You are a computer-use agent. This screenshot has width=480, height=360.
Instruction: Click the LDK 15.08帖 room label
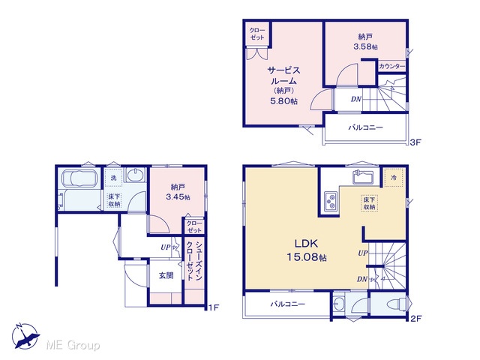point(307,250)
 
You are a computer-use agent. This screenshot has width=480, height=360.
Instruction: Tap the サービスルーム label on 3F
point(283,76)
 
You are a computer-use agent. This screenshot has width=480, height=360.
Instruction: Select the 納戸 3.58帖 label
point(365,42)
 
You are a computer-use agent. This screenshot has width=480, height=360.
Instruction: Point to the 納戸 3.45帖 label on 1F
point(178,192)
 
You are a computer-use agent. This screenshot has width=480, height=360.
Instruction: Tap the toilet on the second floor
point(396,304)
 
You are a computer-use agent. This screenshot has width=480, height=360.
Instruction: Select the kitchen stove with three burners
point(331,202)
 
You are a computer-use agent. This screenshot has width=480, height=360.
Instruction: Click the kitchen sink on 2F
point(363,177)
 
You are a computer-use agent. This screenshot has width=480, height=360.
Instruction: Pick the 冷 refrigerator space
point(394,177)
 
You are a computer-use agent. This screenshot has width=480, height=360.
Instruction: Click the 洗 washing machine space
point(113,178)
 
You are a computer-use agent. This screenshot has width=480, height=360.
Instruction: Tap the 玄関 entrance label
point(166,275)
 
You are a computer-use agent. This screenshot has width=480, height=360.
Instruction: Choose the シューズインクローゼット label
point(194,260)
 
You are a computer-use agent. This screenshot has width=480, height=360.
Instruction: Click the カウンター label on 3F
point(391,66)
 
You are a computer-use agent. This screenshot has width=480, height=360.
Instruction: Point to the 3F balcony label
point(365,127)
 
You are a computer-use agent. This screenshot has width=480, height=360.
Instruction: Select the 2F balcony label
point(287,304)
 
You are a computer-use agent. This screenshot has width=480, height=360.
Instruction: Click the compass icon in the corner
point(26,336)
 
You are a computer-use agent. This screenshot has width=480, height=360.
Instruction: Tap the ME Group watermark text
point(73,345)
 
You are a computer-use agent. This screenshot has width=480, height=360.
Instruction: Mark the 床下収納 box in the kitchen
point(370,203)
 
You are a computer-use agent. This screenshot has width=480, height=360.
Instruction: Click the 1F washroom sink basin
point(134,176)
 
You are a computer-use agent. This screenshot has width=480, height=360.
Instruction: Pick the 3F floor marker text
point(415,142)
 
